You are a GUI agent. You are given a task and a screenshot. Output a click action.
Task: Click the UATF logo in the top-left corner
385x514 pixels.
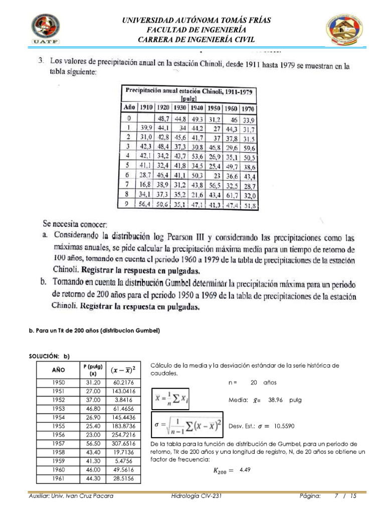[x=47, y=29]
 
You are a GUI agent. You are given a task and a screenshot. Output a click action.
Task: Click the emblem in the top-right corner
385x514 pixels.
[x=345, y=29]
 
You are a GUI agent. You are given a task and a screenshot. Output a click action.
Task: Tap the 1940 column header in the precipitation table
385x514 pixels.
[x=197, y=107]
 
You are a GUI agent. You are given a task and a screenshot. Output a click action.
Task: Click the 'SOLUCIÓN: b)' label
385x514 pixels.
[x=49, y=356]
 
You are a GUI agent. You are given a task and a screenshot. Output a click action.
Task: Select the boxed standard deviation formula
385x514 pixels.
[x=187, y=426]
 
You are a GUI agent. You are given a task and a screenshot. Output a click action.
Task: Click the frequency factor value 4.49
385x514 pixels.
[x=245, y=469]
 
